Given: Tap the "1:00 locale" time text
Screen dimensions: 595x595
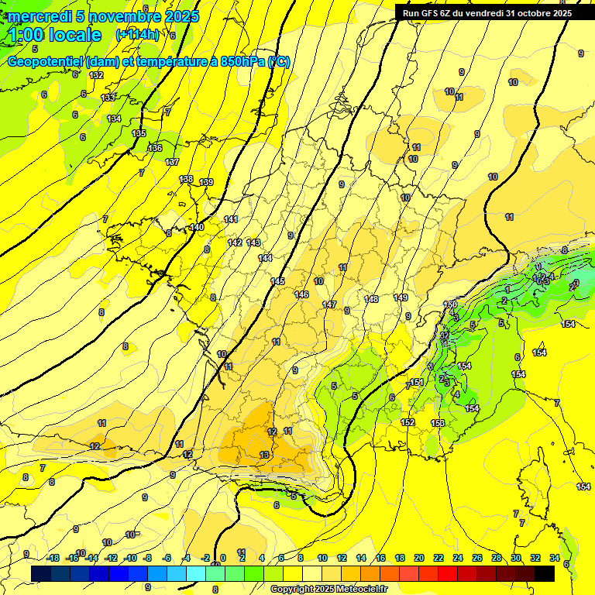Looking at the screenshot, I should pos(56,35).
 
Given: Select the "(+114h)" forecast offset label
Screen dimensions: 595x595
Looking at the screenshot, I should pos(138,35).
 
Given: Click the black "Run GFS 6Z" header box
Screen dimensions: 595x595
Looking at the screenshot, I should pos(487,13).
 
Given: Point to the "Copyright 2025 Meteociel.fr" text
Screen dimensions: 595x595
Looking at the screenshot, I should pos(328,589).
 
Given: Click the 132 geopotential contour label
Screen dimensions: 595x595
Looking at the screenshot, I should pos(96,75).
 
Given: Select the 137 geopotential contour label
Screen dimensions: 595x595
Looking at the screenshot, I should pos(172,162).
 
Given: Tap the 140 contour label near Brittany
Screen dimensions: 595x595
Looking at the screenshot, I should pos(197,227).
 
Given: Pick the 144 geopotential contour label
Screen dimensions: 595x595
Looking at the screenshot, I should pos(266,258).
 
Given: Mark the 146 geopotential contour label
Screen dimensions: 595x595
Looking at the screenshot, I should pos(301,294).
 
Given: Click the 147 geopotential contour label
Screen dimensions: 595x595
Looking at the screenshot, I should pos(329,304).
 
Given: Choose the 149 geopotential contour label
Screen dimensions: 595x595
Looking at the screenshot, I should pos(401,297).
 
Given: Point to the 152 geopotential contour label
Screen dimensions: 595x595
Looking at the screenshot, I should pos(408,422).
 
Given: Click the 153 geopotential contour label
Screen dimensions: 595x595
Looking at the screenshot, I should pos(438,423).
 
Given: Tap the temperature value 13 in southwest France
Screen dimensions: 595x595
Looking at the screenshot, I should pos(264,455).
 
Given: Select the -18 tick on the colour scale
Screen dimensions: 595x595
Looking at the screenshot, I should pos(53,558).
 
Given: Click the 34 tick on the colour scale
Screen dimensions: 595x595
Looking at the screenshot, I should pos(555,558).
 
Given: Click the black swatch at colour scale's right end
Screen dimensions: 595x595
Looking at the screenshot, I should pos(545,573).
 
